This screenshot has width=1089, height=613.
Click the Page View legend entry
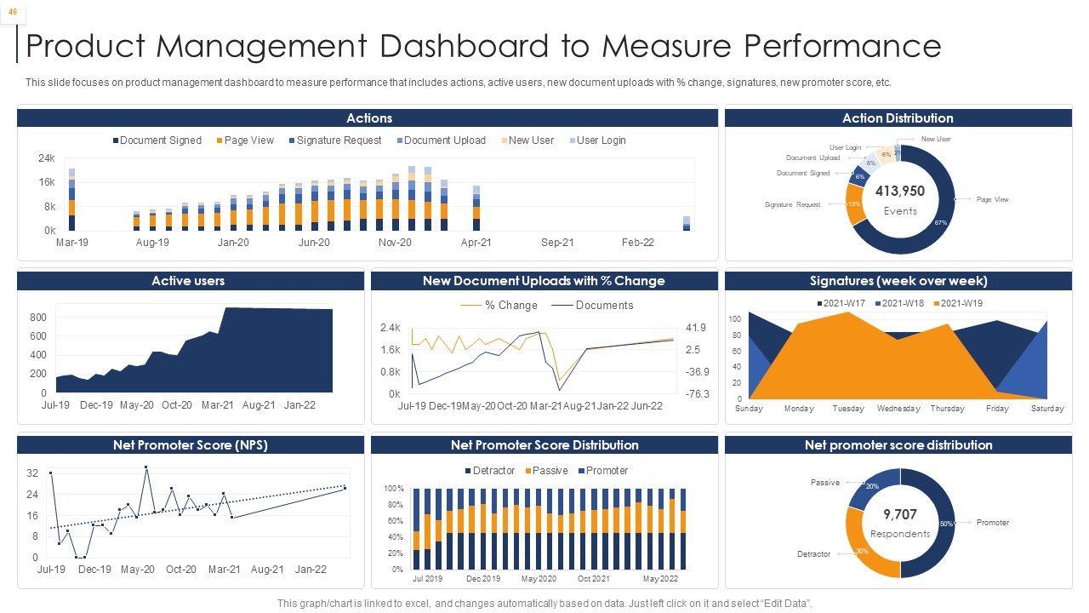point(249,140)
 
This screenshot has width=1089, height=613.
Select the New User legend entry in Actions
point(531,140)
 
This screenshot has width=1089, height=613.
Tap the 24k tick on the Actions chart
point(46,158)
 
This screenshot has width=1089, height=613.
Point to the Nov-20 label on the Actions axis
point(395,243)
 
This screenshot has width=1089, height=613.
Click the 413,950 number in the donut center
point(899,192)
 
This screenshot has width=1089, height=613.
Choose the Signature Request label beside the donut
point(792,204)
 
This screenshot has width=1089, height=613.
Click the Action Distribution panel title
point(898,118)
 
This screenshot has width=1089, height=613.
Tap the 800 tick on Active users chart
point(38,318)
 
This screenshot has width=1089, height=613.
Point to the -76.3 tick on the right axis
point(697,394)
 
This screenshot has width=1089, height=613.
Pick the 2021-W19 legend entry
point(962,304)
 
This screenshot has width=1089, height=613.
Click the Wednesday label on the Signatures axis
point(898,409)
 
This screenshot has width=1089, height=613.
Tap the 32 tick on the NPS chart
point(32,473)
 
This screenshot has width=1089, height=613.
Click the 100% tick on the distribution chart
point(394,489)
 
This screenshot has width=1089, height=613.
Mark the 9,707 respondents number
point(899,514)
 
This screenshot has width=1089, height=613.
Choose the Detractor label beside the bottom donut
point(813,554)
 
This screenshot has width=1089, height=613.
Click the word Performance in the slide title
point(831,46)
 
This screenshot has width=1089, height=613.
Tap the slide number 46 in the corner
point(13,11)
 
